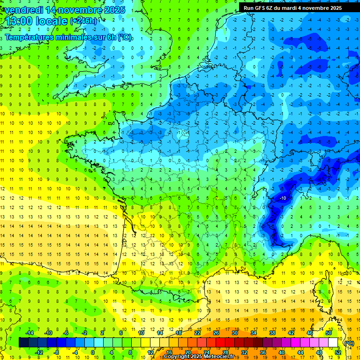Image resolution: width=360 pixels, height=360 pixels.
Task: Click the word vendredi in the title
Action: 26,10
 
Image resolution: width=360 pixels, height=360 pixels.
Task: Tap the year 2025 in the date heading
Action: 113,10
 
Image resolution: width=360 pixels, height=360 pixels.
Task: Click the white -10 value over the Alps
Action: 283,198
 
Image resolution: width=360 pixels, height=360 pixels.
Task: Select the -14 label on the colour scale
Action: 30,333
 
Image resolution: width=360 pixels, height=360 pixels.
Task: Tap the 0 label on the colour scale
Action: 93,352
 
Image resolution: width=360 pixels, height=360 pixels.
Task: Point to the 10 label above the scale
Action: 141,333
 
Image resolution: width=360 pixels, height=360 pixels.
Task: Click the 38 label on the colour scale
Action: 272,333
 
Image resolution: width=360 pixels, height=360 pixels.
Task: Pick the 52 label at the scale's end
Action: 337,352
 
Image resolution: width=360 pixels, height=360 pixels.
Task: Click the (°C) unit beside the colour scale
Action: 349,343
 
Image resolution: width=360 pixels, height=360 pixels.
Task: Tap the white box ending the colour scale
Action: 333,343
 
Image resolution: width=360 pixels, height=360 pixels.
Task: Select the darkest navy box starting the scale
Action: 23,343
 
